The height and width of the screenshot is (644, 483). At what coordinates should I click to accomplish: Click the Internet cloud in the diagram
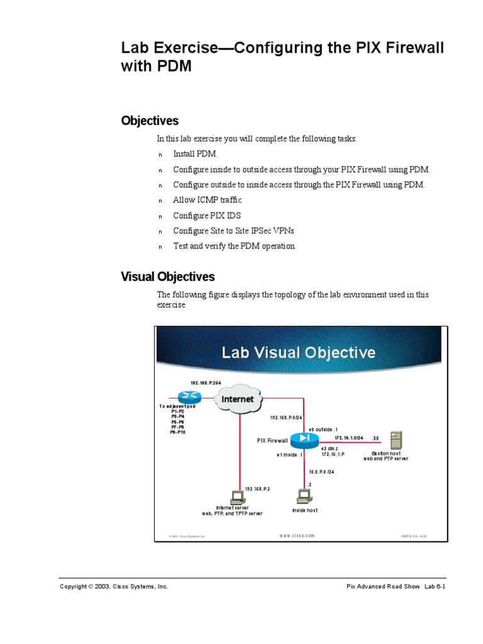[x=238, y=399]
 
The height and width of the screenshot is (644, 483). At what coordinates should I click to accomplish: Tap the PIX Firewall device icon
[x=305, y=438]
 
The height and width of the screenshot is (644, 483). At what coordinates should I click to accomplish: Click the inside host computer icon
[x=304, y=497]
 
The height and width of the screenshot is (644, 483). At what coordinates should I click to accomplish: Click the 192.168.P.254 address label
[x=206, y=382]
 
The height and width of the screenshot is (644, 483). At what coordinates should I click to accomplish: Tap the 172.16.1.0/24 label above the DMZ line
[x=349, y=438]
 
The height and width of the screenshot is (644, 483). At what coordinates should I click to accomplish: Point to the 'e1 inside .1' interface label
[x=290, y=454]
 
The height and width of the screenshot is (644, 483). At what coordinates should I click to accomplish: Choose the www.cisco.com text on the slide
[x=297, y=536]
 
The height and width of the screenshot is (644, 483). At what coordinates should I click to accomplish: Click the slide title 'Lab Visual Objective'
[x=298, y=352]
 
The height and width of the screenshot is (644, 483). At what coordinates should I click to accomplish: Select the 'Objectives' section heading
[x=150, y=121]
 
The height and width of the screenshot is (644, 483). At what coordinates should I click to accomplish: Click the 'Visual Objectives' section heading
[x=167, y=276]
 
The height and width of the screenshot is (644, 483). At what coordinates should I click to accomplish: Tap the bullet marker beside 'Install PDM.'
[x=160, y=155]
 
